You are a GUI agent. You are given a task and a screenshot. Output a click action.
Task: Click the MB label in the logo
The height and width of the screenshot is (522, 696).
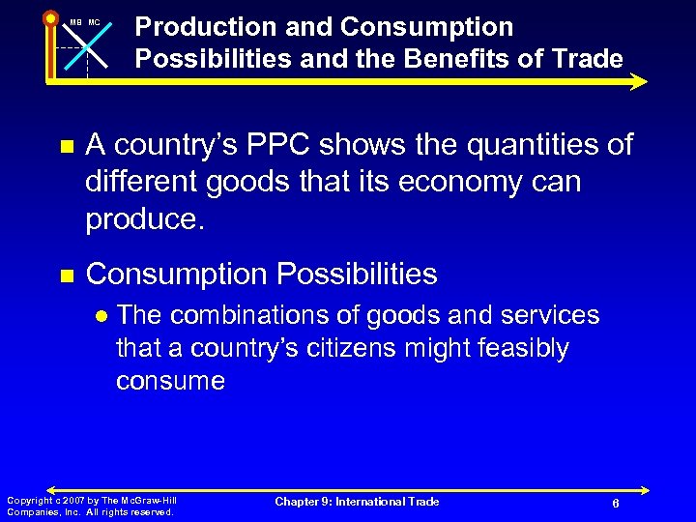point(74,22)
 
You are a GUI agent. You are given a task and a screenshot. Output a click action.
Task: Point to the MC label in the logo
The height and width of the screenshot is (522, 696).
point(94,22)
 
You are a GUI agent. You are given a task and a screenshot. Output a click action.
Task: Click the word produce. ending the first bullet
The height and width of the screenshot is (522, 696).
point(145,219)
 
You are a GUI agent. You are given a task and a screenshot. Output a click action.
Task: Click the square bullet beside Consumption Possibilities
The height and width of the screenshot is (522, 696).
point(66,275)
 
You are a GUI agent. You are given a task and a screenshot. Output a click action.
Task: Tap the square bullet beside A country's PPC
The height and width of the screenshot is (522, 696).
point(66,147)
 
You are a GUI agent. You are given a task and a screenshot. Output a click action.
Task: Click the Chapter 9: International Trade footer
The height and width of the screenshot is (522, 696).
point(357,502)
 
